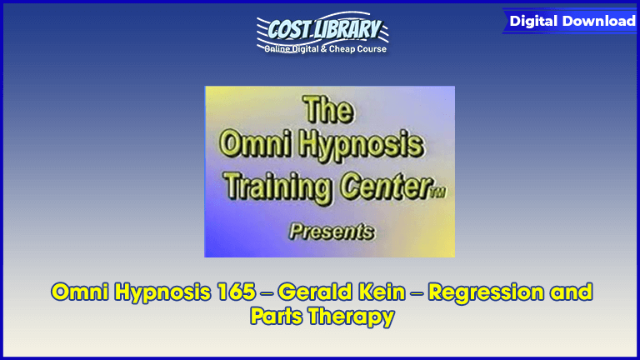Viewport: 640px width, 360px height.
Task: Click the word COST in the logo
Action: tap(288, 30)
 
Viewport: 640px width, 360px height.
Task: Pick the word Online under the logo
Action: tap(277, 49)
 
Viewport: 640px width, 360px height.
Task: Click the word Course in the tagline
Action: tap(372, 49)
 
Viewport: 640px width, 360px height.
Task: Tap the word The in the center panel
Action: tap(328, 110)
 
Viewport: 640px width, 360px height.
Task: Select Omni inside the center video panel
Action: tap(256, 143)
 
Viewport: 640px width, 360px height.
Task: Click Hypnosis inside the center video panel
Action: tap(361, 145)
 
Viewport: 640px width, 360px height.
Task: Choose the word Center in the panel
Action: tap(385, 186)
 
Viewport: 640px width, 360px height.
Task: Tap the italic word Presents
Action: tap(332, 232)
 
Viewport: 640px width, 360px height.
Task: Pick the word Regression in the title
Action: tap(486, 293)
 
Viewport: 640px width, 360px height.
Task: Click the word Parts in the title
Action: tap(277, 317)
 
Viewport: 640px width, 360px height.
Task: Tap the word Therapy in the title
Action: tap(352, 317)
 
